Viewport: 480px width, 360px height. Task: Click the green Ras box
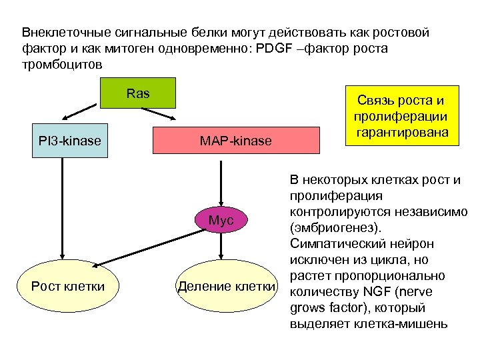pyautogui.click(x=138, y=93)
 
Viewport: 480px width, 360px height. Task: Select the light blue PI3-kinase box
pyautogui.click(x=69, y=141)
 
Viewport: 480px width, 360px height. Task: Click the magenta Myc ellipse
pyautogui.click(x=221, y=220)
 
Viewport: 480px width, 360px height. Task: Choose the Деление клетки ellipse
pyautogui.click(x=225, y=287)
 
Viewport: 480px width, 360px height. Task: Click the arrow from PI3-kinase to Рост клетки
pyautogui.click(x=62, y=207)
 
